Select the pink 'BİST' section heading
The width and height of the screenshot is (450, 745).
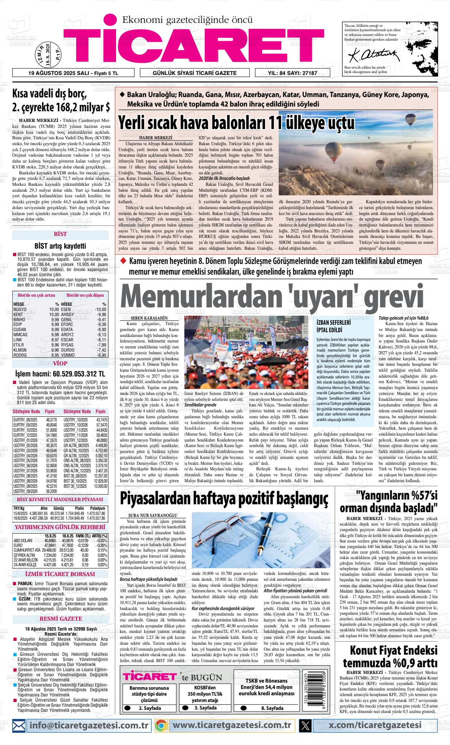[60, 234]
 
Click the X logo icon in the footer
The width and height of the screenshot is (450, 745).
[305, 725]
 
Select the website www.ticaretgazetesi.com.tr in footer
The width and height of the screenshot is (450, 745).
[232, 725]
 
